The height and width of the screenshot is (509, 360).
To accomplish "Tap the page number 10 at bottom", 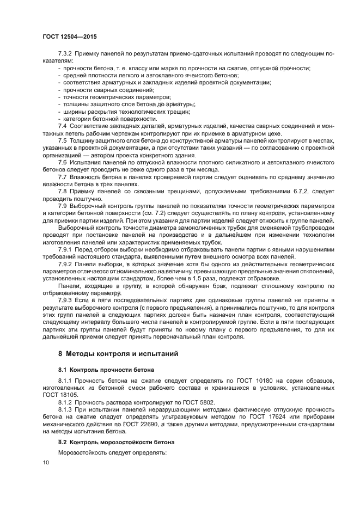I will coord(45,462).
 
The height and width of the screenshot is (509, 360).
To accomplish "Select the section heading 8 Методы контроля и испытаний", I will coord(118,354).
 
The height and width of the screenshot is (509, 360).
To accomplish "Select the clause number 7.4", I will coord(62,126).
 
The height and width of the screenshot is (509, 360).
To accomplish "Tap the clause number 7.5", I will coord(62,140).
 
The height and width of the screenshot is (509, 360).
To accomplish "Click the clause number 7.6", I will coord(62,162).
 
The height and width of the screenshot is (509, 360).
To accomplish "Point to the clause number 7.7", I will coord(62,177).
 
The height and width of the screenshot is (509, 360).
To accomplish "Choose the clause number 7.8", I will coord(62,192).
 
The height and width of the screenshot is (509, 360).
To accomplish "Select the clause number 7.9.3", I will coord(65,300).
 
